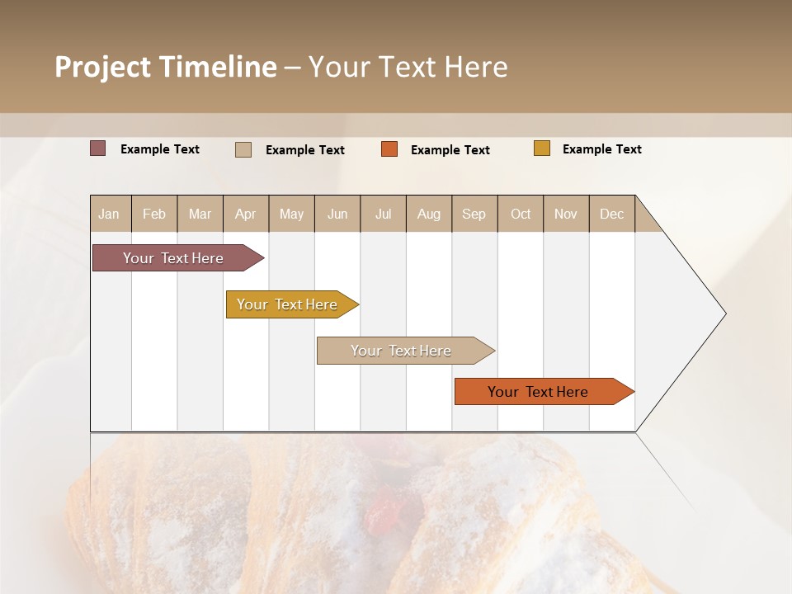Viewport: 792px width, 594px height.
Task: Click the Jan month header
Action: tap(110, 214)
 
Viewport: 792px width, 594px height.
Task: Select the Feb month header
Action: tap(154, 214)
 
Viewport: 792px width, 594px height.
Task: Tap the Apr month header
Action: tap(246, 214)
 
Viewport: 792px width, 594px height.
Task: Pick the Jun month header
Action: tap(337, 214)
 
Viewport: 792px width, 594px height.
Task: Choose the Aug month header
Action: tap(429, 214)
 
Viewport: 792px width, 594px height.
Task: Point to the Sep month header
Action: tap(474, 214)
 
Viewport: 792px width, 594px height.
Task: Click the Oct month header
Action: tap(521, 214)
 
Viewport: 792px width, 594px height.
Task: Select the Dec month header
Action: tap(612, 214)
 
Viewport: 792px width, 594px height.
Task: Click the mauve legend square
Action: tap(97, 148)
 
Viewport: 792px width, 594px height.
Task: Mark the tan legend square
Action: tap(243, 149)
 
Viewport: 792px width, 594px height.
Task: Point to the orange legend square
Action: tap(389, 148)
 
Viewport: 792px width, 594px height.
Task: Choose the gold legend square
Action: tap(541, 148)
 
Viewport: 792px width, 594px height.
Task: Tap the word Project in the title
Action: tap(102, 67)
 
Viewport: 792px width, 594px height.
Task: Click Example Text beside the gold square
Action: tap(601, 149)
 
